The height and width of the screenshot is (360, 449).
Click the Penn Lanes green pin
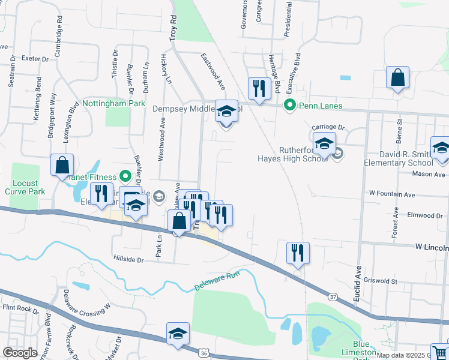290,106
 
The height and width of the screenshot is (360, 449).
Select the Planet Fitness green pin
125,176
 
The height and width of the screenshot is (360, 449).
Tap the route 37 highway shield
333,296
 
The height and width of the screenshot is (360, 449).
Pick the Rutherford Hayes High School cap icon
324,145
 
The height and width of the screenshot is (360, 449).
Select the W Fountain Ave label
392,194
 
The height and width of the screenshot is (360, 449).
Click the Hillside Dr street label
128,260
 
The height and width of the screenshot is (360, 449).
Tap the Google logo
20,352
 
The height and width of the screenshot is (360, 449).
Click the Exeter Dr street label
34,59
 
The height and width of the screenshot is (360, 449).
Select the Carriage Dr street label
332,128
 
